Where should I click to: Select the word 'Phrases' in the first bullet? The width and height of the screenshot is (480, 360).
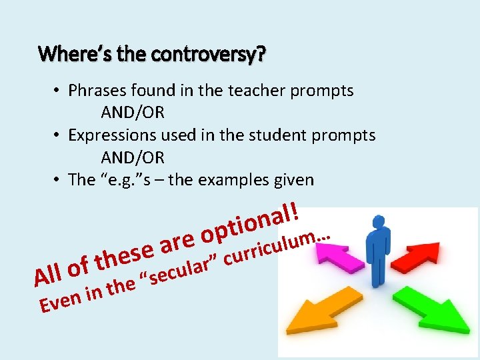97,90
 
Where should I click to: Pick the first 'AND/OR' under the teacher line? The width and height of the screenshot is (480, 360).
133,113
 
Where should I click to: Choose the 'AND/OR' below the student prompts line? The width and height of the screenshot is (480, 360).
133,158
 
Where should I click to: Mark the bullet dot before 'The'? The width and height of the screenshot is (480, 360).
59,180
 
